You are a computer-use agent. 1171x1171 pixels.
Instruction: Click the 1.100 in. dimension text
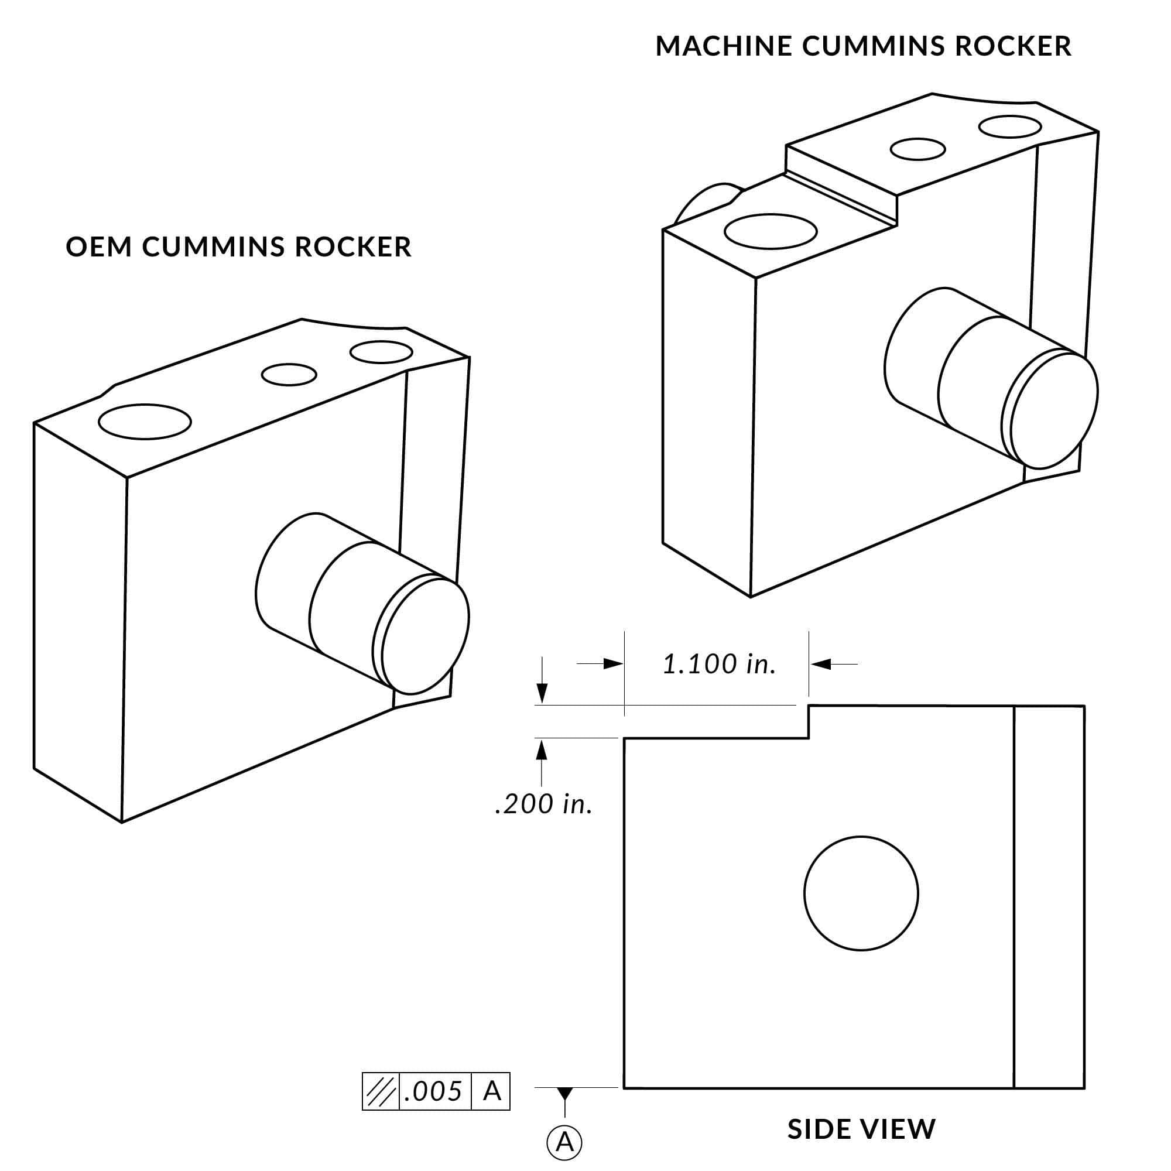[719, 665]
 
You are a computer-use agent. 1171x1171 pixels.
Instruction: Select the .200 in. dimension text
[543, 804]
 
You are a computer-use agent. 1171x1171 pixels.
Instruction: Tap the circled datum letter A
[564, 1142]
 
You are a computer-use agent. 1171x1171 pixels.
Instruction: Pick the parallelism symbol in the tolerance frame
[381, 1091]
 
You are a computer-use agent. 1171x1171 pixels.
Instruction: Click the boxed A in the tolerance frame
[492, 1091]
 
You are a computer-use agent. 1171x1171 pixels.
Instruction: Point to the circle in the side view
[861, 893]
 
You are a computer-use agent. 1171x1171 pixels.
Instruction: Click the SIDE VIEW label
[861, 1129]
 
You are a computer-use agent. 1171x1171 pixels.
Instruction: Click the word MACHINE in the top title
[724, 47]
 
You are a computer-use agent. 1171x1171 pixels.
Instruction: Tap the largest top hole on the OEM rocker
[144, 421]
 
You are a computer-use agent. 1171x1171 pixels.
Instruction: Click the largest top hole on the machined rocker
[771, 231]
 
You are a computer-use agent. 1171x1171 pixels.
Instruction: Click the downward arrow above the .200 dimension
[542, 691]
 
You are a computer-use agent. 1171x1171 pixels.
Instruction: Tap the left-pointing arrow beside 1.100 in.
[821, 665]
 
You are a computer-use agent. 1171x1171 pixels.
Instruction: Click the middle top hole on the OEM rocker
[289, 375]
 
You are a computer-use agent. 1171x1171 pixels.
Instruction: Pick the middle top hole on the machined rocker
[917, 149]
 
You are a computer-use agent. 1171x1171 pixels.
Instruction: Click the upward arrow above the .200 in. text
[542, 751]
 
